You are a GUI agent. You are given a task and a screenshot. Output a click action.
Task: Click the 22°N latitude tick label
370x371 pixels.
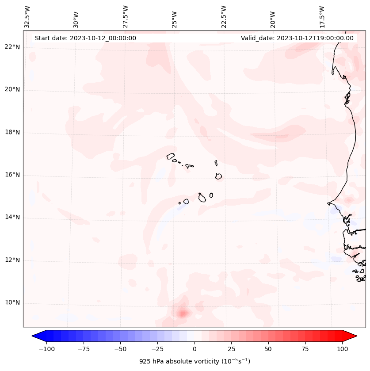tap(12, 47)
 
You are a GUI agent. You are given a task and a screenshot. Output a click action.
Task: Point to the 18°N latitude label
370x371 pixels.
tap(12, 133)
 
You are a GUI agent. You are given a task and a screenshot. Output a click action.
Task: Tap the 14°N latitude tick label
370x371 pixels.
tap(12, 218)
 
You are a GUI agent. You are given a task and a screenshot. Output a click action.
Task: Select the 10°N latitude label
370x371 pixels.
tap(12, 303)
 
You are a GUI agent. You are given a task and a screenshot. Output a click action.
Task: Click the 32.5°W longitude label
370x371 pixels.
tap(27, 17)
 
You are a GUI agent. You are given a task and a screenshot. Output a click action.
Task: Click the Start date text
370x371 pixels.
tap(85, 38)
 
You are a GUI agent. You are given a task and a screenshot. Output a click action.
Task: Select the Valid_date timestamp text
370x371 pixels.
tap(297, 38)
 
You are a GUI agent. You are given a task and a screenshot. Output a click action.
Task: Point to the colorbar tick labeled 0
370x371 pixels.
tap(195, 349)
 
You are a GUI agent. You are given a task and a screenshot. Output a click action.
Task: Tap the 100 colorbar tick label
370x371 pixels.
tap(342, 349)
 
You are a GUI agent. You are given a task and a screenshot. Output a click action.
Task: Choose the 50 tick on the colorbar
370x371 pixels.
tap(268, 349)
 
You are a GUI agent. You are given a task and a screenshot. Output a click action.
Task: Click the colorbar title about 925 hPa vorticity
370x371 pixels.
tap(195, 361)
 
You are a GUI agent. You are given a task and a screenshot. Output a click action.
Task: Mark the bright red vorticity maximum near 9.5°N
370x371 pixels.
tap(183, 314)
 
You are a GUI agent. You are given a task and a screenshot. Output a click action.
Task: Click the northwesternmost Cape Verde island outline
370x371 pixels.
tap(171, 156)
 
